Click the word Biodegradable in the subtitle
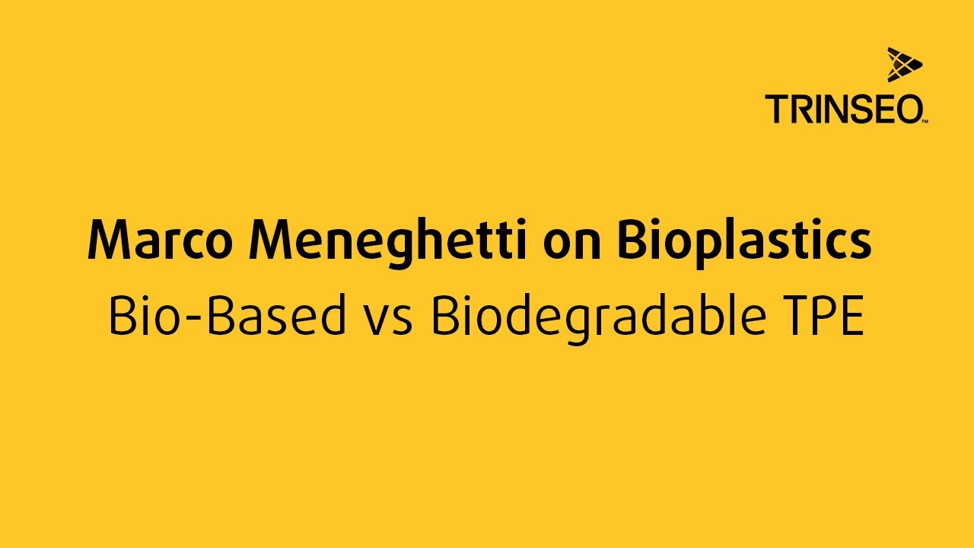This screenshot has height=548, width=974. click(595, 317)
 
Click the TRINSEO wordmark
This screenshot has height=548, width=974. click(844, 110)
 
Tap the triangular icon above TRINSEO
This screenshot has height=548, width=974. click(903, 64)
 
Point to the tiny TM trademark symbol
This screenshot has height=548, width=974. click(925, 121)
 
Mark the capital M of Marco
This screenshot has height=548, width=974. click(110, 240)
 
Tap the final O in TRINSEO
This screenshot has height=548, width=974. click(908, 110)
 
